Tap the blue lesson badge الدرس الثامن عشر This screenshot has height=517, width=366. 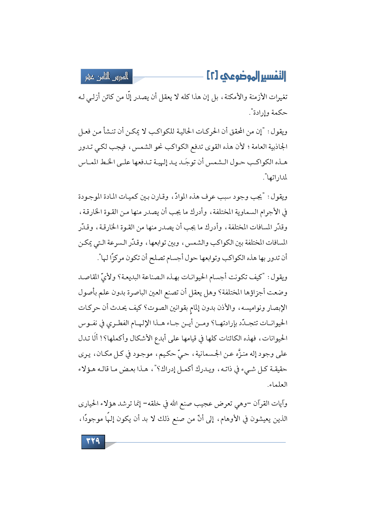coord(107,76)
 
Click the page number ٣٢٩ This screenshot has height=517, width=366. coord(93,442)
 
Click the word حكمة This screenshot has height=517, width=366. coord(279,113)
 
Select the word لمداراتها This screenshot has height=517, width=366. coord(276,178)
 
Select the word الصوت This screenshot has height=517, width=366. coord(154,308)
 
